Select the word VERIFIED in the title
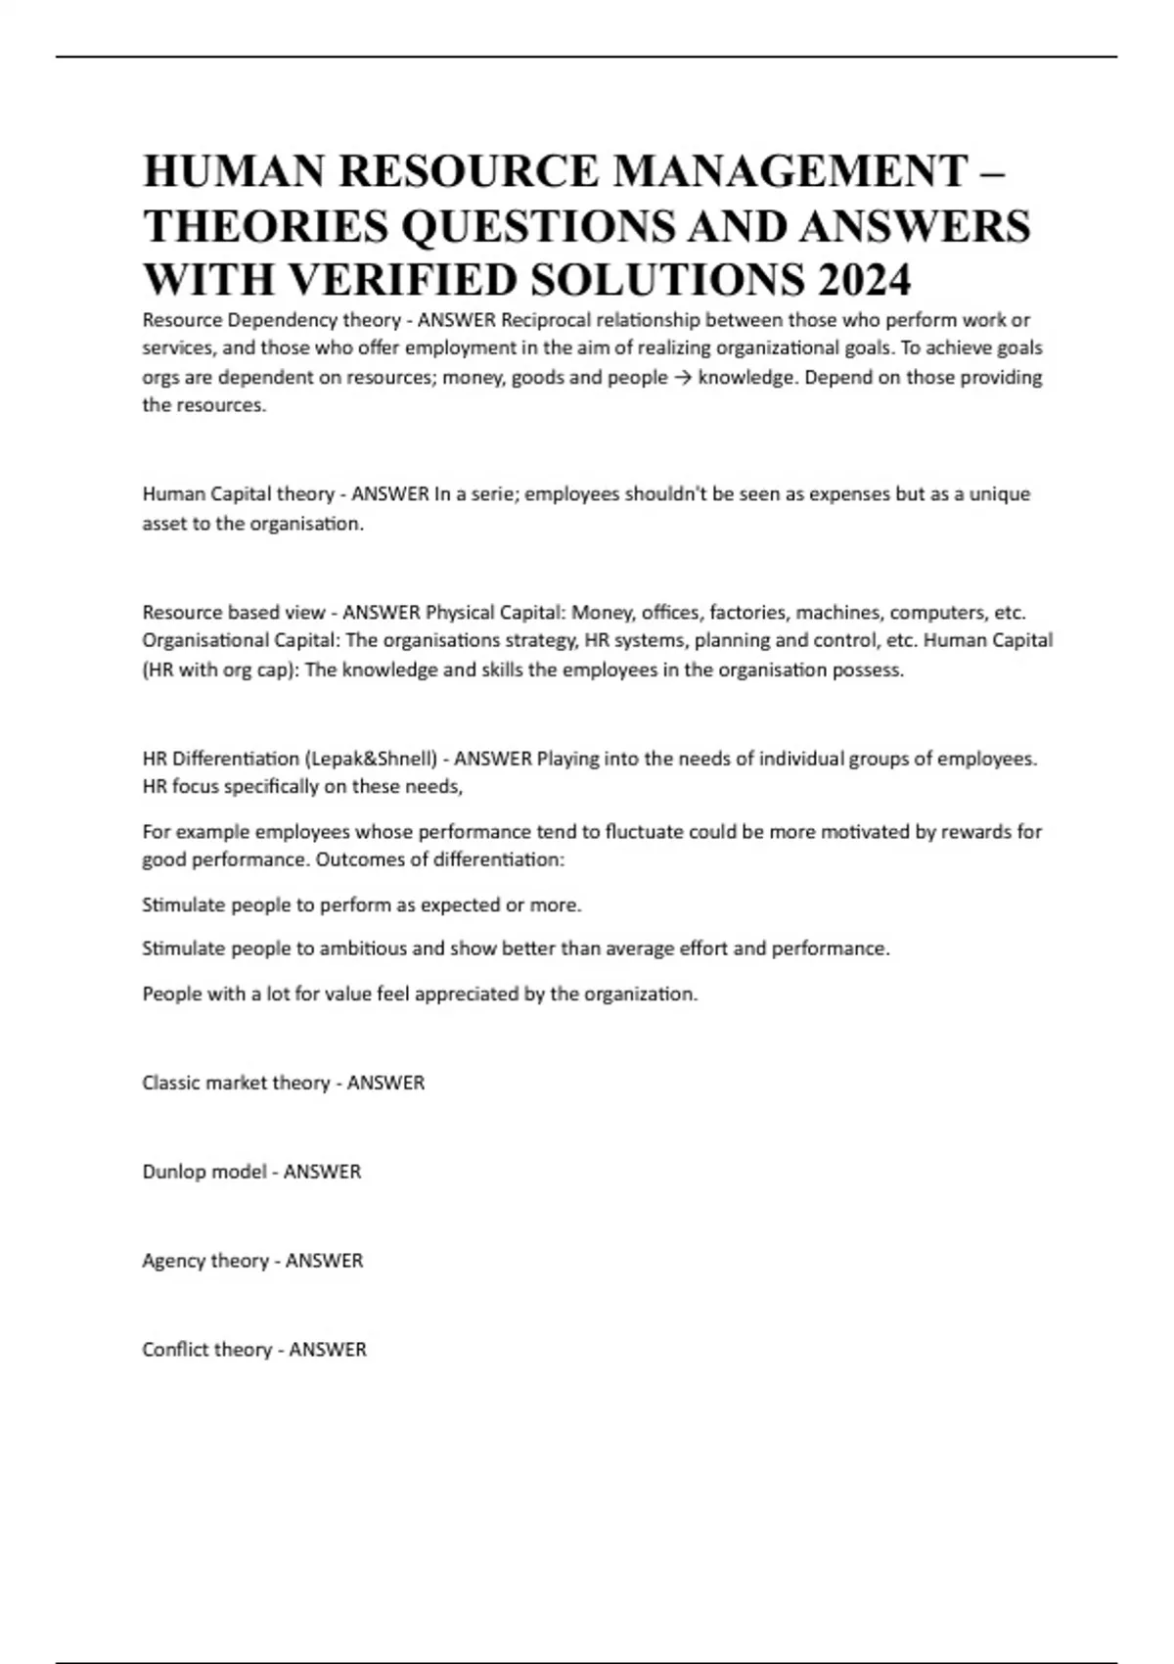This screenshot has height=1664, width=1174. tap(400, 280)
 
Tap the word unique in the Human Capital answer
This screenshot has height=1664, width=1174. tap(999, 494)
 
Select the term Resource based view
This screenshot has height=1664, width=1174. tap(233, 613)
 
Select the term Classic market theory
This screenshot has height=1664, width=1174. tap(236, 1084)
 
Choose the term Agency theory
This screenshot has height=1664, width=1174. tap(205, 1261)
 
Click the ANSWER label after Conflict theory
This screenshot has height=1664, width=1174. tap(328, 1350)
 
